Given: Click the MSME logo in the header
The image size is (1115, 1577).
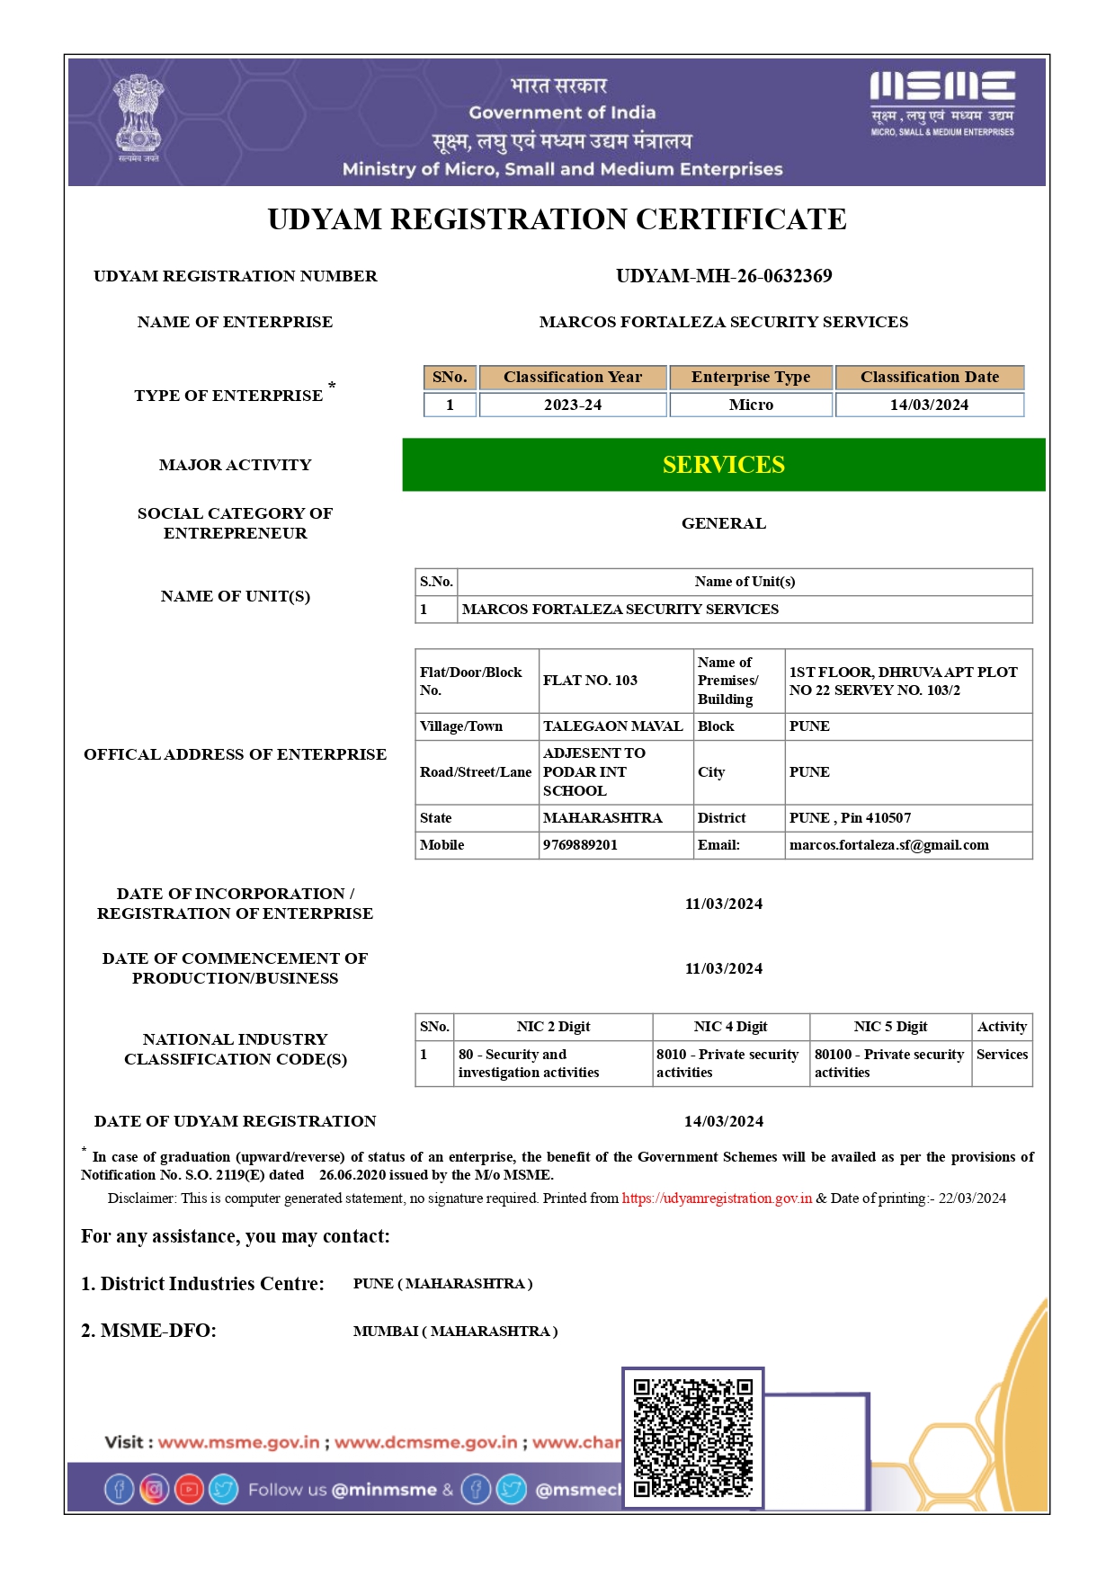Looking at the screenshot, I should (x=941, y=102).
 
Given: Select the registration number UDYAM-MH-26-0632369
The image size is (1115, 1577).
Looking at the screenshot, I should (x=723, y=276).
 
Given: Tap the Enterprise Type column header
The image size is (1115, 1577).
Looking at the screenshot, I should (x=750, y=378).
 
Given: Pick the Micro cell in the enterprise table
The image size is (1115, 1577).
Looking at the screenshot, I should (x=750, y=405).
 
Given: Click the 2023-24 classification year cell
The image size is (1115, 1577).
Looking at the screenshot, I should (x=572, y=405).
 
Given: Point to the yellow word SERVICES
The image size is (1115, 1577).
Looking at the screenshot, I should (x=723, y=465).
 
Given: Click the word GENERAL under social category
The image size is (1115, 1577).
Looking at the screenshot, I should (x=723, y=523).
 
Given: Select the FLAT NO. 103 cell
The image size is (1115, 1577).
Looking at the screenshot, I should (x=590, y=681).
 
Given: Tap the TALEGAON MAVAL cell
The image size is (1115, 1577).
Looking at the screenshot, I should (x=612, y=726).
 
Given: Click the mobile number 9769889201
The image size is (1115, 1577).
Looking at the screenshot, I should (x=580, y=845).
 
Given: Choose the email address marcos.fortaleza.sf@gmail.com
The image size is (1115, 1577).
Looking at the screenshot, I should (x=888, y=845).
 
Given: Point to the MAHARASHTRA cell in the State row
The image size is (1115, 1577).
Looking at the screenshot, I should (x=602, y=818).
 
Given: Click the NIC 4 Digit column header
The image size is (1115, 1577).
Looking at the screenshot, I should (x=730, y=1027).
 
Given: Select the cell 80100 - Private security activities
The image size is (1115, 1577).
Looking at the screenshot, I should (x=888, y=1064).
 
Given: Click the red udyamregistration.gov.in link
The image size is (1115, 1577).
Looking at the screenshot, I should (x=717, y=1198).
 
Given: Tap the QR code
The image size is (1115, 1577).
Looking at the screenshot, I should (x=692, y=1438).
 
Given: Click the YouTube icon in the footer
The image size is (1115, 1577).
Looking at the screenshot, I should (x=189, y=1490).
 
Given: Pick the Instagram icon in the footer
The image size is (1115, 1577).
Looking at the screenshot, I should (x=154, y=1490).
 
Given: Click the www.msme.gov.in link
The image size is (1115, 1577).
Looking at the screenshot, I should (x=238, y=1443).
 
